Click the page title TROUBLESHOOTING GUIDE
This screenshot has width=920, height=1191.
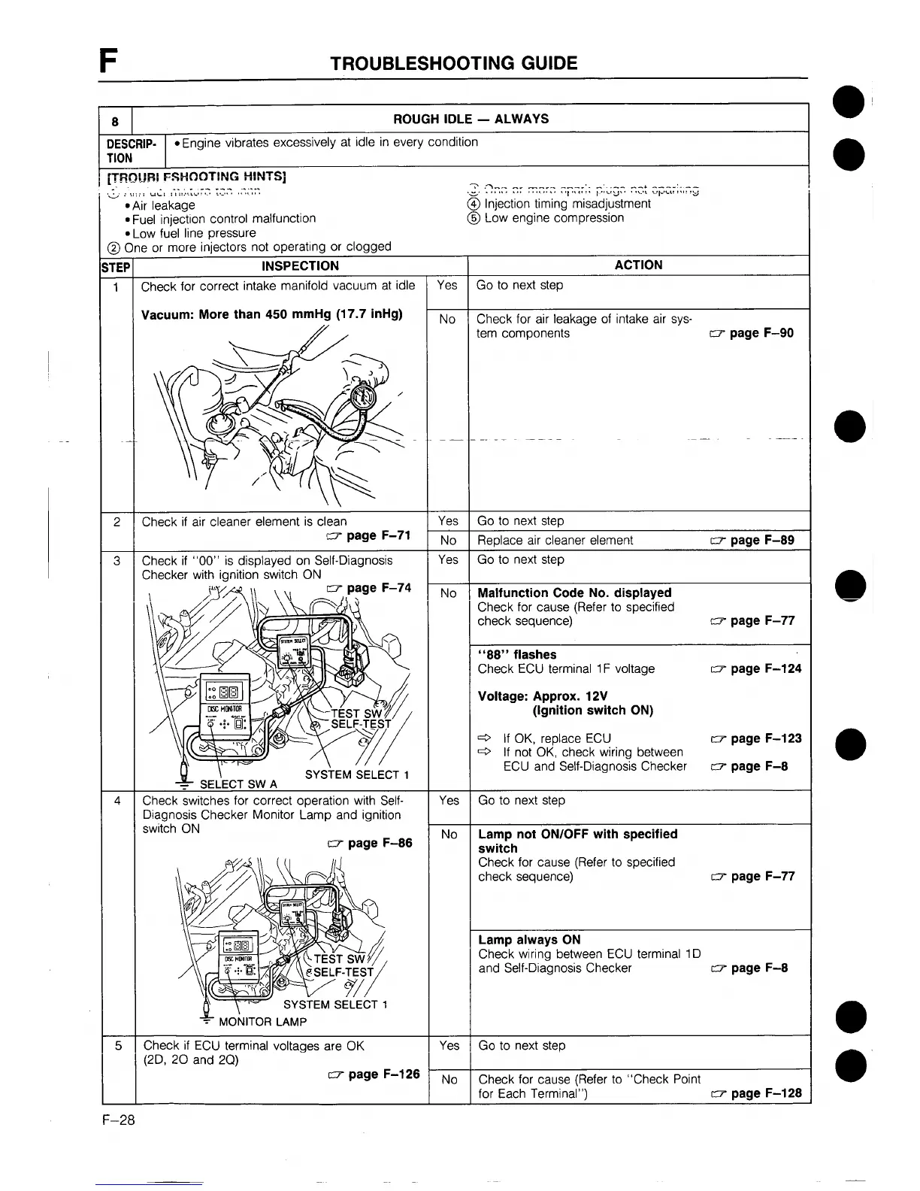[x=454, y=63]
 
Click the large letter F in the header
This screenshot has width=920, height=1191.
[x=110, y=59]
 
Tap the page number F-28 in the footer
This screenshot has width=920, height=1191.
[x=119, y=1121]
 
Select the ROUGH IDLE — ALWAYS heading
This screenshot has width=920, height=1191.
[x=471, y=119]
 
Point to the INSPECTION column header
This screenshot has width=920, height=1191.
[x=300, y=265]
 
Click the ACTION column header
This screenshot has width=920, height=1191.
[x=638, y=265]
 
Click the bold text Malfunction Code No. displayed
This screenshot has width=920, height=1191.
[x=574, y=592]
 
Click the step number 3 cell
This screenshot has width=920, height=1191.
[x=117, y=560]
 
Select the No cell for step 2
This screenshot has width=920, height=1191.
[x=448, y=541]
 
